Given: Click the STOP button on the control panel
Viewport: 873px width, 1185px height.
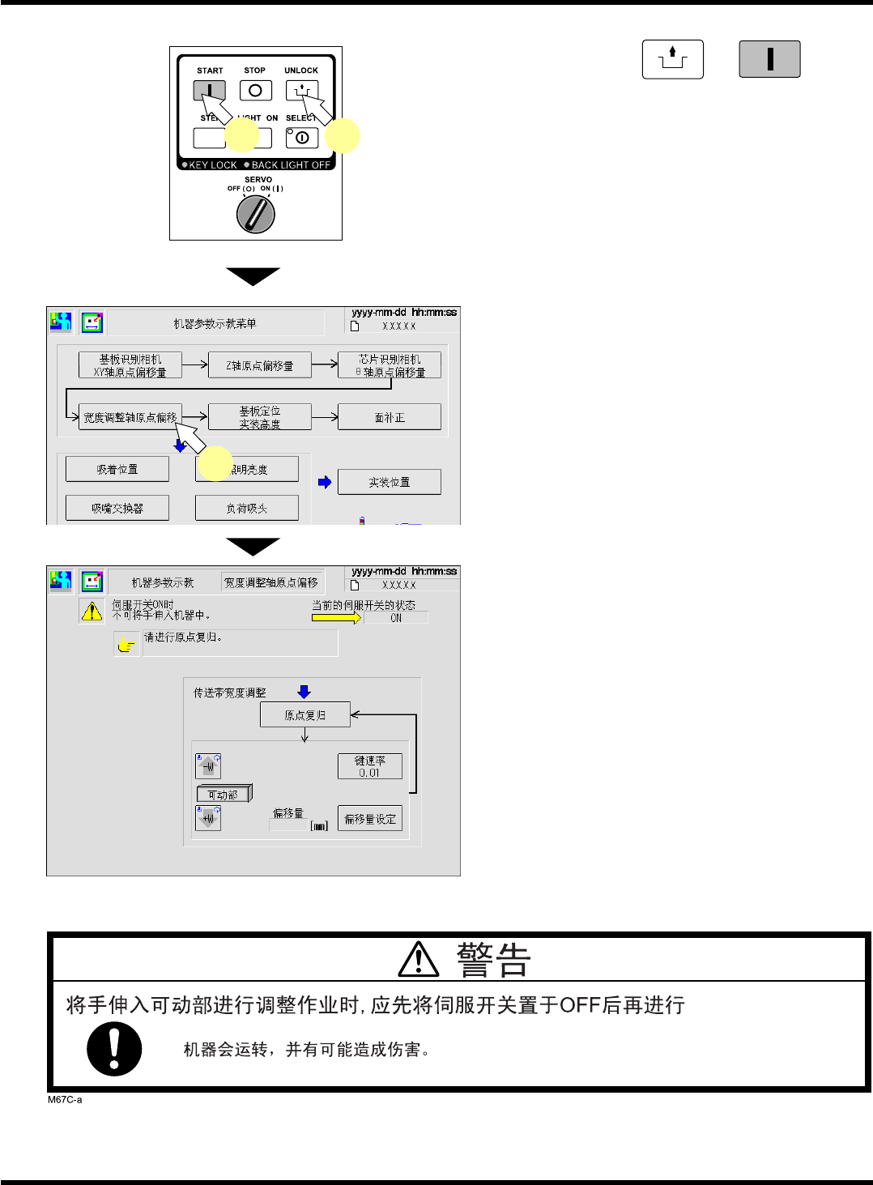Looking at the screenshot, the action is [255, 91].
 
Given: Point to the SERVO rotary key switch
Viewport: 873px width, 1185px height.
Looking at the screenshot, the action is [256, 215].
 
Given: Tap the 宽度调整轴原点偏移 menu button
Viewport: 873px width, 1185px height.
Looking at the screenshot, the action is [130, 417].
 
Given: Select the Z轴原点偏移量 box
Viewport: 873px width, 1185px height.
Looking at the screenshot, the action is [260, 365].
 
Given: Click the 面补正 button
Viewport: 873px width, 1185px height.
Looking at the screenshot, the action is [390, 417].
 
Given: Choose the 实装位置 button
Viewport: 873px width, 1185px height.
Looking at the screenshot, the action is [390, 482].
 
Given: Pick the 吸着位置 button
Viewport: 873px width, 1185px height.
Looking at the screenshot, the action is [117, 469].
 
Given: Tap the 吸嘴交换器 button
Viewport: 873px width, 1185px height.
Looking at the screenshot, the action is [117, 508].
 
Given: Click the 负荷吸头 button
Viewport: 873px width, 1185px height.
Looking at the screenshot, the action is [247, 508].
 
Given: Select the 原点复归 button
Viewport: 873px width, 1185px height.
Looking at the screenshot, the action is [304, 715].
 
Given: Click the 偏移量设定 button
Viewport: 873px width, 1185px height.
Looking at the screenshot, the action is [370, 819].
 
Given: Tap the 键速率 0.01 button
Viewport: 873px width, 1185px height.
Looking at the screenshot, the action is [370, 766].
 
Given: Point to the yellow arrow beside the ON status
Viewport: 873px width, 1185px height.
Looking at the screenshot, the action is [336, 617].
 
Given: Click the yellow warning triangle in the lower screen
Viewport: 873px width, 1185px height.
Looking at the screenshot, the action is [92, 612].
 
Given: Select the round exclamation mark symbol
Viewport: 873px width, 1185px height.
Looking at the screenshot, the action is [114, 1049].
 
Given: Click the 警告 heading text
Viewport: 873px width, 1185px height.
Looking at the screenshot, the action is [492, 961].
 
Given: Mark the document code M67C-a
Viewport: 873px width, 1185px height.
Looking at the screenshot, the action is [65, 1099].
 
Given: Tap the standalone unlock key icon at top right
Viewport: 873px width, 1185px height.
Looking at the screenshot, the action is [673, 59].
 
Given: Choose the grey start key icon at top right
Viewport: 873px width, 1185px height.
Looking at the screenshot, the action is [769, 59].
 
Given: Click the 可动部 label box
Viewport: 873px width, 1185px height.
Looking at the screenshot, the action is [224, 795].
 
